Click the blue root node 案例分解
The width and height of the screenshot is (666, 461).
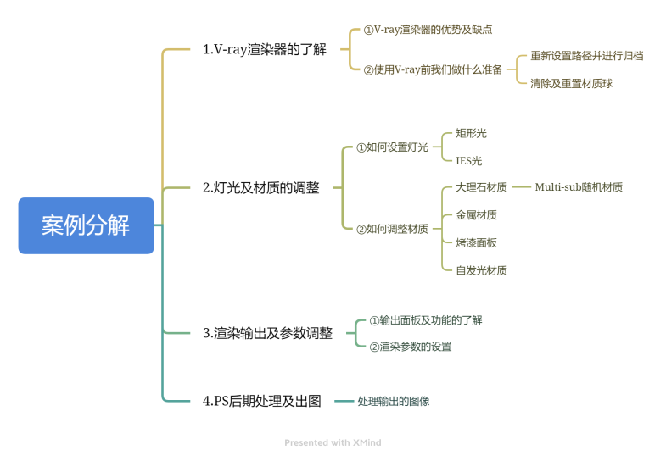click(x=86, y=225)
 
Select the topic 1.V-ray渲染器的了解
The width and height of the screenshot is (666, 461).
click(x=264, y=49)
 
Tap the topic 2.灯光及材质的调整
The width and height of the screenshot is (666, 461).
click(x=261, y=188)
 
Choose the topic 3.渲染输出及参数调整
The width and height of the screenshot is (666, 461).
click(x=267, y=333)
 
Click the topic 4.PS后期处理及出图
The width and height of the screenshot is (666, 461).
click(x=261, y=401)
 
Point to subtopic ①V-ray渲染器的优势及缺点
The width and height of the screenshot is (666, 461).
click(x=428, y=30)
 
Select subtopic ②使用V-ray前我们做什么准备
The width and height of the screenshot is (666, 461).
click(x=433, y=69)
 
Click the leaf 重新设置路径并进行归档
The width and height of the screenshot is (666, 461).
click(x=586, y=56)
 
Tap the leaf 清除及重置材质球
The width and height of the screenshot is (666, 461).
click(x=571, y=83)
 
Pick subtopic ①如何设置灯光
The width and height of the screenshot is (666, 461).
click(x=392, y=147)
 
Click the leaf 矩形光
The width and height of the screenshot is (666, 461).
click(x=471, y=133)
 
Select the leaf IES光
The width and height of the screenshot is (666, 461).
click(x=468, y=160)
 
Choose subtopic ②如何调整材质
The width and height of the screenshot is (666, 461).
click(x=392, y=229)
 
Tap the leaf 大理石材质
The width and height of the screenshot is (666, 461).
click(x=481, y=187)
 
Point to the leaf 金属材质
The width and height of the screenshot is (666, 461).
click(x=476, y=215)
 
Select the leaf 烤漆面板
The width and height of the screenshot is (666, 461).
click(x=476, y=242)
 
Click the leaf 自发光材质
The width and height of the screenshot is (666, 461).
click(x=481, y=270)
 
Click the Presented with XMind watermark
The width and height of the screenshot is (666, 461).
click(x=333, y=442)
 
